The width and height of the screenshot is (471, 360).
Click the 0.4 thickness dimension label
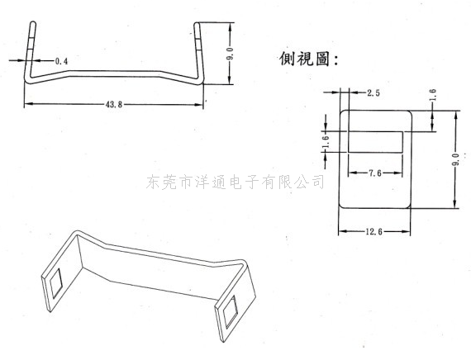[x=62, y=61]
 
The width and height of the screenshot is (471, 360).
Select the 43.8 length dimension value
[x=114, y=105]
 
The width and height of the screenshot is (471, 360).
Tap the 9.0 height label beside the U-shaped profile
[x=230, y=54]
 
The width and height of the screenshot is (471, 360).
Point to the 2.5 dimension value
[x=373, y=92]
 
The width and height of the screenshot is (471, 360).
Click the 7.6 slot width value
[x=375, y=173]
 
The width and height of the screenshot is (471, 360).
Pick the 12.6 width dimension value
[x=374, y=232]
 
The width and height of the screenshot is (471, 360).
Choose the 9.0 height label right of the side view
[x=455, y=159]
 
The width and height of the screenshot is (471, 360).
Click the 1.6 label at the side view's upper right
[x=433, y=95]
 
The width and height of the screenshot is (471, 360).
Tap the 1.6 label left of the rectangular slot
[x=326, y=142]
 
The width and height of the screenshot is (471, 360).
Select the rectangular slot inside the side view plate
[x=375, y=142]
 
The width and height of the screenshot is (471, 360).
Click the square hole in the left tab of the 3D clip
[x=56, y=283]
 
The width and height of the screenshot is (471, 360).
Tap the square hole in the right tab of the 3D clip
[x=230, y=311]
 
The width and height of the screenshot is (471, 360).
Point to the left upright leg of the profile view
[x=30, y=51]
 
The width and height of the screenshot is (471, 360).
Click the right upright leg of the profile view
[x=198, y=51]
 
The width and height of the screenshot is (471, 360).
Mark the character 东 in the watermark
[x=154, y=182]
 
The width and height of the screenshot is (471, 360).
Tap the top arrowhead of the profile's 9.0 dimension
[x=230, y=26]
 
